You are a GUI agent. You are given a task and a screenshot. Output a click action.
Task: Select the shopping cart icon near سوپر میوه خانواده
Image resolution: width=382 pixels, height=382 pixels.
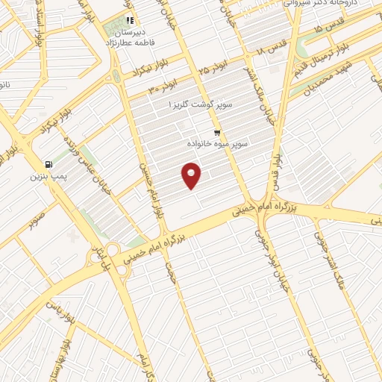pos(217,129)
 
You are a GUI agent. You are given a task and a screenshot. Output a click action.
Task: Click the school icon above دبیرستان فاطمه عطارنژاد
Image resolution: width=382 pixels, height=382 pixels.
pos(130,21)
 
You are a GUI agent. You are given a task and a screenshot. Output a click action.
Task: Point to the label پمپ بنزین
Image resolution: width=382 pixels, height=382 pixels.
pos(48,177)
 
